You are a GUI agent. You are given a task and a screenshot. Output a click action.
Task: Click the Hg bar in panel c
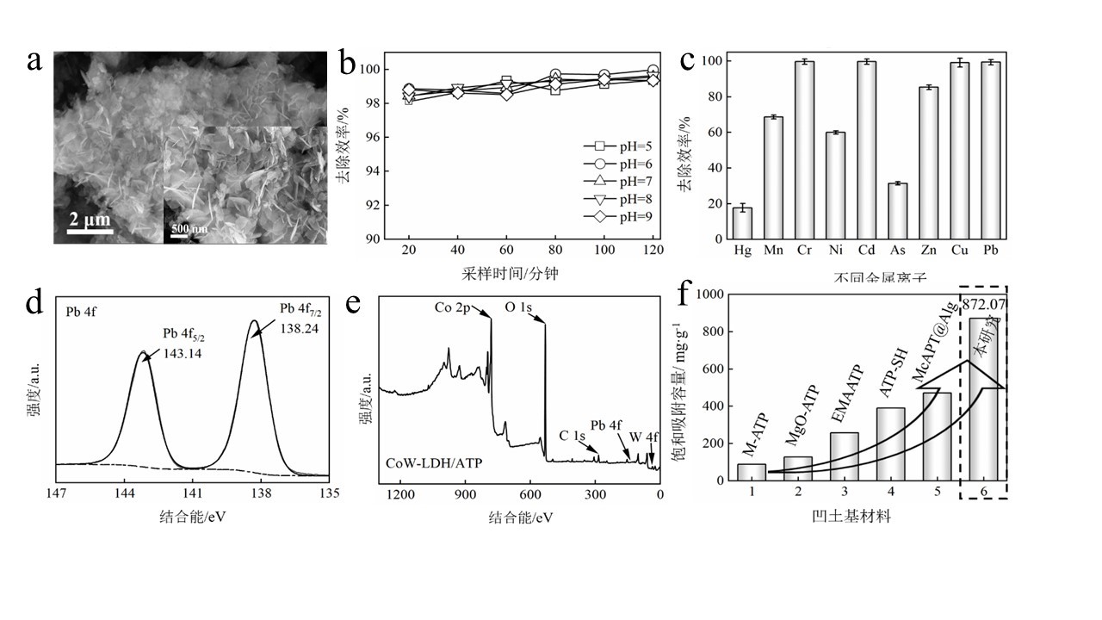(x=742, y=223)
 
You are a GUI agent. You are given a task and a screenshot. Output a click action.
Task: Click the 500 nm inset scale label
(x=189, y=229)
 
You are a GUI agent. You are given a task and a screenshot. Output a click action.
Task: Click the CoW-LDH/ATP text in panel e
(x=432, y=462)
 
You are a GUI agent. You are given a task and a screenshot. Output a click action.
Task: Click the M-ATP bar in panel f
(x=752, y=472)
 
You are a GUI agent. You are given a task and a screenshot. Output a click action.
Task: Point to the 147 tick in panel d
(x=57, y=494)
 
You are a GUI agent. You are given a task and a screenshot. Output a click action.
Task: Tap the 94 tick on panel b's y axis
(x=374, y=171)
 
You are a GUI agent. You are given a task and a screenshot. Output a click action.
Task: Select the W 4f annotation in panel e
(x=643, y=437)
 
